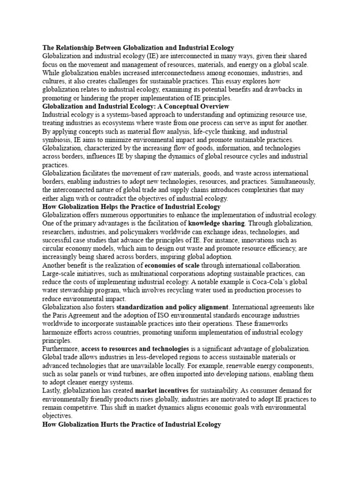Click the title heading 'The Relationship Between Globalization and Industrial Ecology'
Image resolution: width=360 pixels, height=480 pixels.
tap(138, 48)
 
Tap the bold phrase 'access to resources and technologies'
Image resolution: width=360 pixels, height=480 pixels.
tap(135, 349)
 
